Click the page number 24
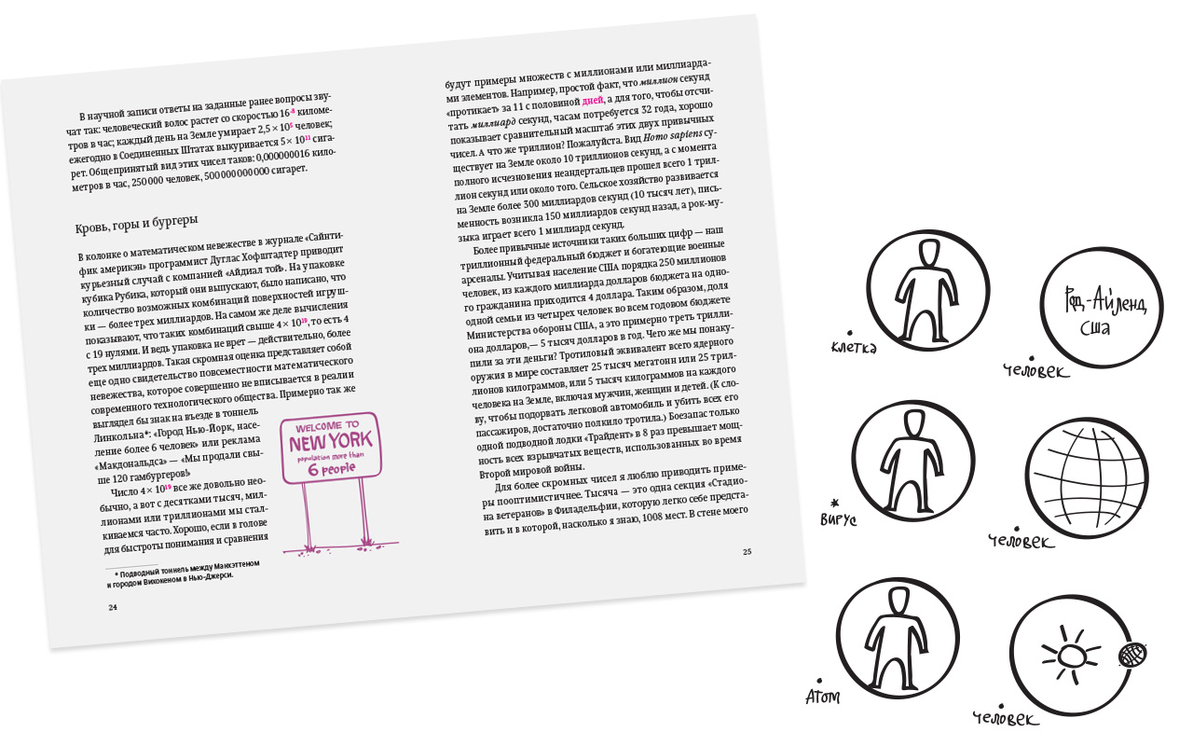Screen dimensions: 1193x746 pos(113,607)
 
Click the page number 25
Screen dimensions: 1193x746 pos(747,551)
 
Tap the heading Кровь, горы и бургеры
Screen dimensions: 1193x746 pos(136,224)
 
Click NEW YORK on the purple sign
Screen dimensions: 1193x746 pos(330,442)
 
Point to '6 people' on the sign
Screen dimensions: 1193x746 pos(332,469)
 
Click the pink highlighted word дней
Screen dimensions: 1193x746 pos(593,100)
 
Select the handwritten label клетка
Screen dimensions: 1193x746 pos(854,348)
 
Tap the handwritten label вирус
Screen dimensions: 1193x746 pos(838,518)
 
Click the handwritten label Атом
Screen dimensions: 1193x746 pos(823,696)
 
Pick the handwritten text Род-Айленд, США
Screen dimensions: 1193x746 pos(1104,311)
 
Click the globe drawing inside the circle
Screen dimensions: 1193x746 pos(1087,478)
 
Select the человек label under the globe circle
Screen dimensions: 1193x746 pos(1021,541)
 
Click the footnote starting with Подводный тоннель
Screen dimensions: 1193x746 pos(184,573)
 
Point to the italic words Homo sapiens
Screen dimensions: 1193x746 pos(673,136)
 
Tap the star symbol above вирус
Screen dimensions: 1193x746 pos(834,503)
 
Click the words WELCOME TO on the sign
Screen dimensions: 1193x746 pos(327,426)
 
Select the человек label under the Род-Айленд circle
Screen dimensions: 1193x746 pos(1035,370)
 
